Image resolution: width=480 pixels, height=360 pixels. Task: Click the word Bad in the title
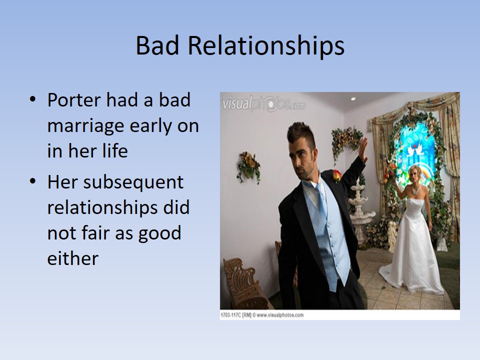(157, 45)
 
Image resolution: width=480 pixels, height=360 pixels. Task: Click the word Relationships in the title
(266, 46)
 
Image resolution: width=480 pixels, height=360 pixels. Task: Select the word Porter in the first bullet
(74, 100)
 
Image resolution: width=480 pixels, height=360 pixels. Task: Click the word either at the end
(73, 258)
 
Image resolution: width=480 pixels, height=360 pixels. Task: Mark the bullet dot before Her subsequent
(33, 181)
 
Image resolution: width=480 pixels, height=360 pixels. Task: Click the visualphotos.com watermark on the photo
(263, 104)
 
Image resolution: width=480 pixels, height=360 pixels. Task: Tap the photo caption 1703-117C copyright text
(262, 315)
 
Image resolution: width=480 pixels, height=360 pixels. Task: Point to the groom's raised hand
(363, 150)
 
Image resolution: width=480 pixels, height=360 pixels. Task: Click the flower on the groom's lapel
(336, 175)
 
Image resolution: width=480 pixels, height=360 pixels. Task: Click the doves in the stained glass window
(415, 150)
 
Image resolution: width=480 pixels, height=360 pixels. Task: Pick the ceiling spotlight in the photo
(353, 99)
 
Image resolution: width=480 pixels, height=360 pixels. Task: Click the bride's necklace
(416, 190)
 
